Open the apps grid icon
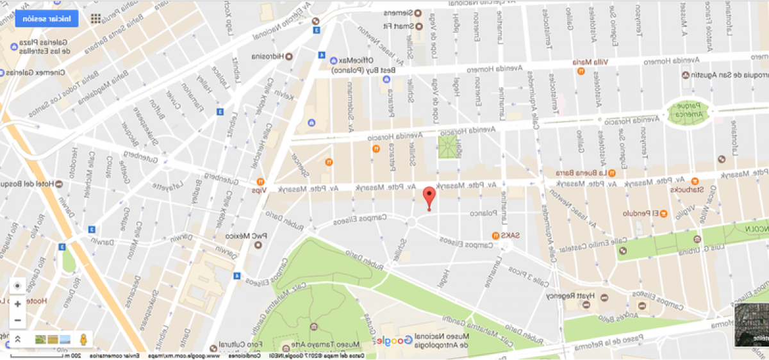pos(95,18)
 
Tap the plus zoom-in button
pos(17,304)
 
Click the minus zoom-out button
pos(17,320)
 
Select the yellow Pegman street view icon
pos(83,339)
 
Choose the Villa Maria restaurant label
pos(593,62)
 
